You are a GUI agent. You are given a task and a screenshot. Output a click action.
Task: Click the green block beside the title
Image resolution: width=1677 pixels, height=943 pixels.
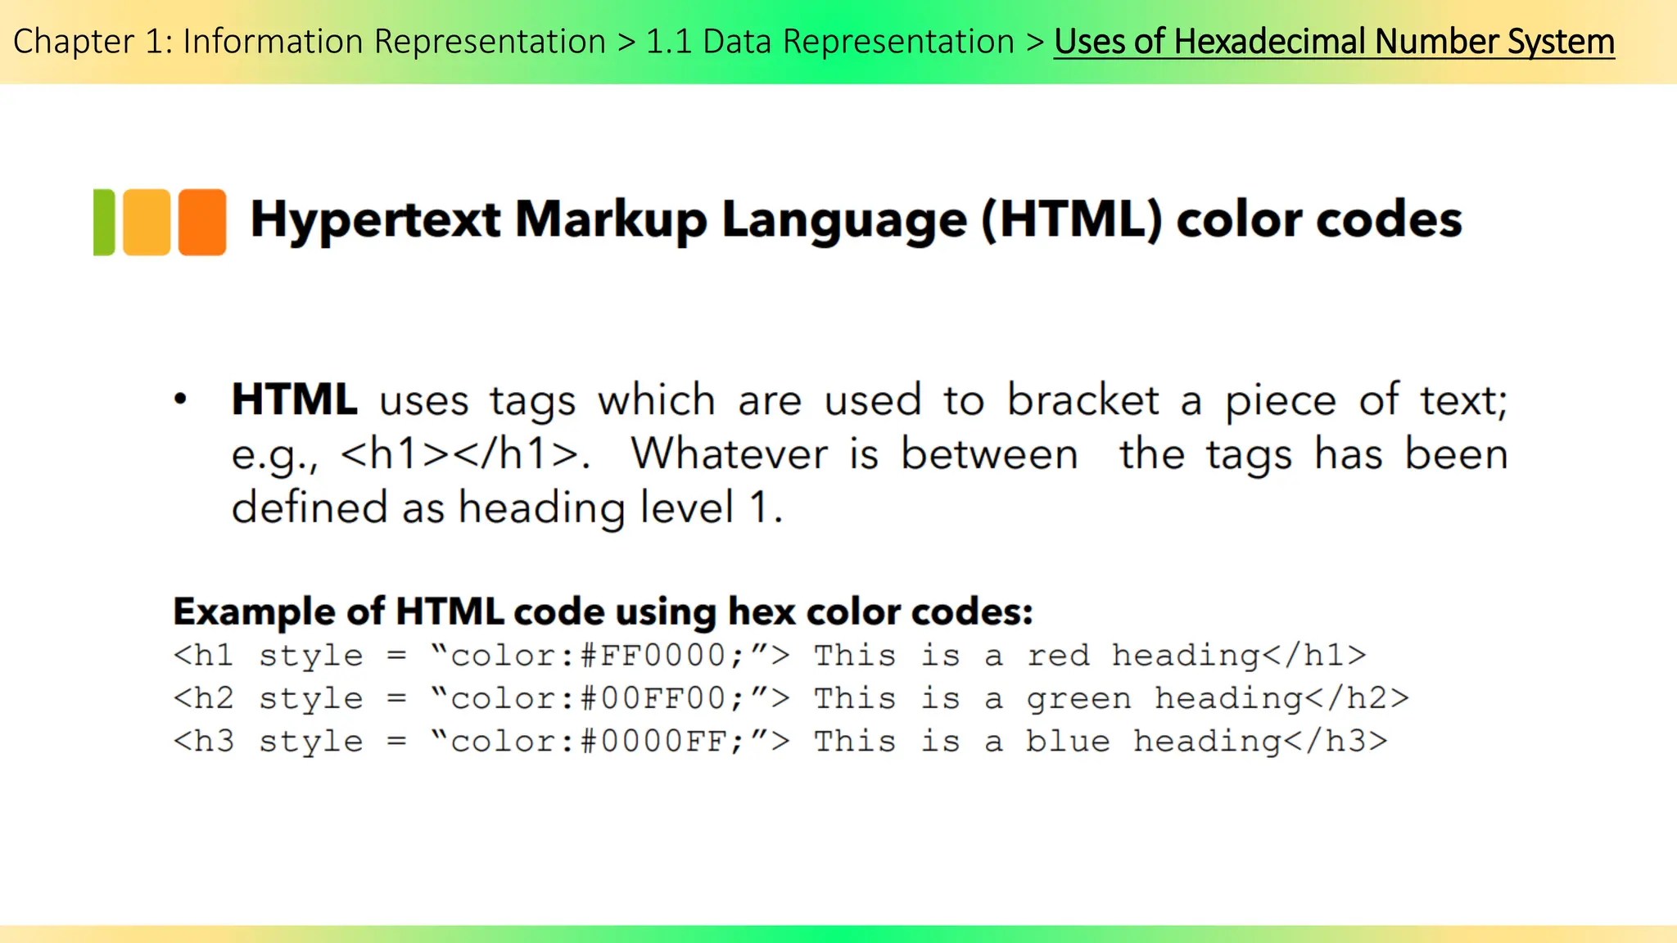[x=104, y=223]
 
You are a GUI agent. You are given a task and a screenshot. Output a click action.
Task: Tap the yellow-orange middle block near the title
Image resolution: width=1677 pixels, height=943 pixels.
[x=147, y=223]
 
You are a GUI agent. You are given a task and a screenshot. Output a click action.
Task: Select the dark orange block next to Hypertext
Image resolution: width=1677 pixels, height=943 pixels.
[x=202, y=223]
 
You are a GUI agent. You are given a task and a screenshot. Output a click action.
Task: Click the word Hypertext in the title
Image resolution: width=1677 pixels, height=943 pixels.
[x=375, y=221]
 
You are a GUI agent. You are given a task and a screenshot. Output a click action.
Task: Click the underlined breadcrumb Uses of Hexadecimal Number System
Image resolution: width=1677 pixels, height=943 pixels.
[x=1334, y=42]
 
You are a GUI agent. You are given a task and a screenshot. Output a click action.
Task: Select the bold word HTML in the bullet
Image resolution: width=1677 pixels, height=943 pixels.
[x=294, y=400]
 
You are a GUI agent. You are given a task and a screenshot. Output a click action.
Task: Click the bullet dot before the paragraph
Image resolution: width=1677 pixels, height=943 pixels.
[x=181, y=400]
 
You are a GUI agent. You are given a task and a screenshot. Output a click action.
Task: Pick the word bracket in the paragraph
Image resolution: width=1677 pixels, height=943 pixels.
[x=1083, y=400]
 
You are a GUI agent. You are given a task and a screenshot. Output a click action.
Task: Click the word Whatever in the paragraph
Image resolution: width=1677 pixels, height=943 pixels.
[x=729, y=454]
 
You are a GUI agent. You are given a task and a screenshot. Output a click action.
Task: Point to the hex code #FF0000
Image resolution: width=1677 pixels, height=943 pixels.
[x=653, y=656]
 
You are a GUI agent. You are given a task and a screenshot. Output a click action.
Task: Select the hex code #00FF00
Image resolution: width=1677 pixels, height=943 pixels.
[x=653, y=698]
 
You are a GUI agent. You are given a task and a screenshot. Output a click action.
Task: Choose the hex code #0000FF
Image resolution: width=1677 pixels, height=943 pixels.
[x=653, y=741]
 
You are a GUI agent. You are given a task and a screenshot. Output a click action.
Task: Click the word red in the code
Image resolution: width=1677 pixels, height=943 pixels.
[x=1058, y=656]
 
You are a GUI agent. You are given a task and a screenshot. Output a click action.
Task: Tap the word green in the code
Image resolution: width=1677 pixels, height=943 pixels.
[x=1078, y=699]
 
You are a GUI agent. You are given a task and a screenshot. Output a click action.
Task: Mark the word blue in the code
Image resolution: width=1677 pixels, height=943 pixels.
[x=1068, y=741]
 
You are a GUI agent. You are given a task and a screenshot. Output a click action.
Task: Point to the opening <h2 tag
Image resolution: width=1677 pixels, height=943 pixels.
[x=204, y=698]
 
